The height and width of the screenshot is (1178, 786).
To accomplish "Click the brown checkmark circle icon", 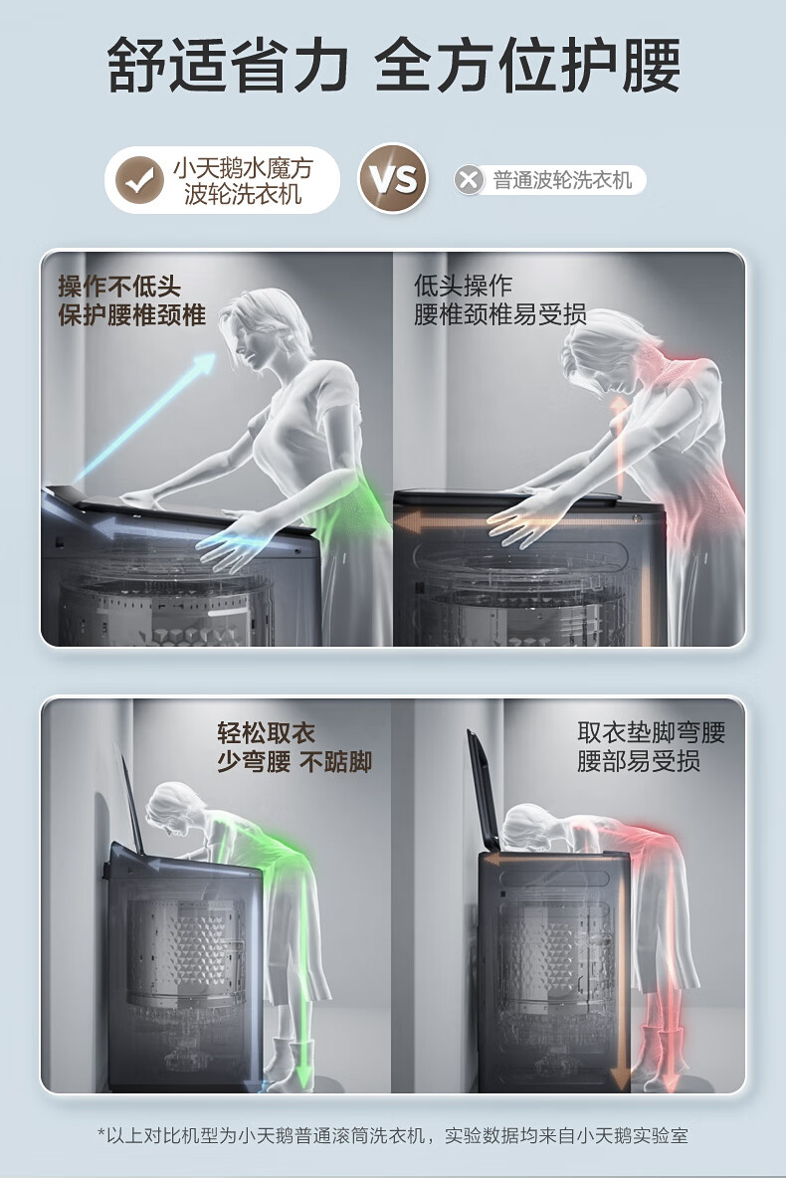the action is click(139, 180).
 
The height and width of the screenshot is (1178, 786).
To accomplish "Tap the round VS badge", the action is click(392, 179).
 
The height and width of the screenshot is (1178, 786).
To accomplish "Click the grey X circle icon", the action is click(469, 180).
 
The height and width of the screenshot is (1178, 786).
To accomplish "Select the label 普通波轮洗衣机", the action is click(562, 180).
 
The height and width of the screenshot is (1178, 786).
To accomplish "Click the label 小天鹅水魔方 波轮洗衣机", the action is click(243, 181).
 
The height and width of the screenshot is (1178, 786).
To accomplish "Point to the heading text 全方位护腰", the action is click(527, 66).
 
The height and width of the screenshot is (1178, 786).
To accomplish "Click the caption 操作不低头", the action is click(119, 286).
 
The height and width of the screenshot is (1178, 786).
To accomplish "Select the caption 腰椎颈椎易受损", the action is click(499, 314).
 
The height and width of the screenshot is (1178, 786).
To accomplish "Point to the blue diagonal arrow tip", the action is click(212, 357).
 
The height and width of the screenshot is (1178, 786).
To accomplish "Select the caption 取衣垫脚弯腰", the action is click(651, 731).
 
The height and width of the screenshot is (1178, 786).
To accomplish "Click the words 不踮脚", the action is click(335, 762).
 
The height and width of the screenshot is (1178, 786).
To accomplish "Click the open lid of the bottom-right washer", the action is click(485, 790).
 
